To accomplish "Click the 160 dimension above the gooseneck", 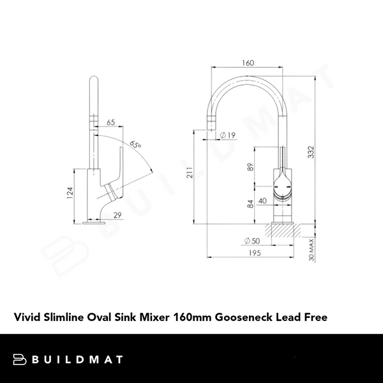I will [x=248, y=63].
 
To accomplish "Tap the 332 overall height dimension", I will [x=311, y=152].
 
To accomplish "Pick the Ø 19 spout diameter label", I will [x=228, y=135].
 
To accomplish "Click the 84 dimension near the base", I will [x=251, y=205].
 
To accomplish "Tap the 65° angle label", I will [x=135, y=146].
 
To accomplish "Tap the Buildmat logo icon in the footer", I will [x=21, y=359].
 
